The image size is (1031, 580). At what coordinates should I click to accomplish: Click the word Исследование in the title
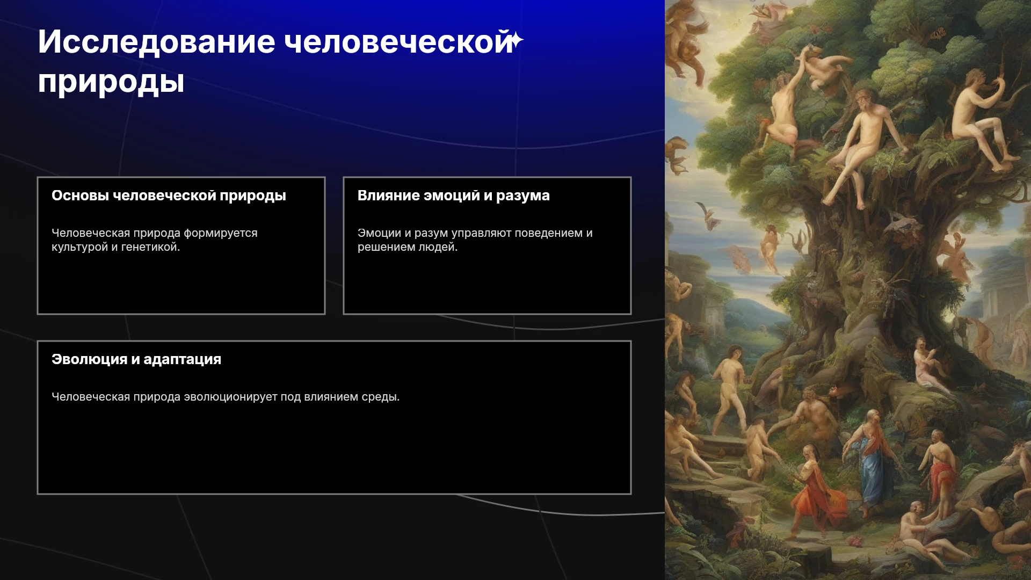(x=156, y=42)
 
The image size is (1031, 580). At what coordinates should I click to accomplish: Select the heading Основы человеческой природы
(x=169, y=195)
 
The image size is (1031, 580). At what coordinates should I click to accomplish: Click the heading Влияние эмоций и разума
(x=454, y=195)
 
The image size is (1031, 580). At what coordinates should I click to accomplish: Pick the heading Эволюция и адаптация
(x=136, y=359)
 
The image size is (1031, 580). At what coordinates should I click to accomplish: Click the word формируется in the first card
(x=221, y=234)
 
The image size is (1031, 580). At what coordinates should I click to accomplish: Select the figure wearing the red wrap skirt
(x=940, y=467)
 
